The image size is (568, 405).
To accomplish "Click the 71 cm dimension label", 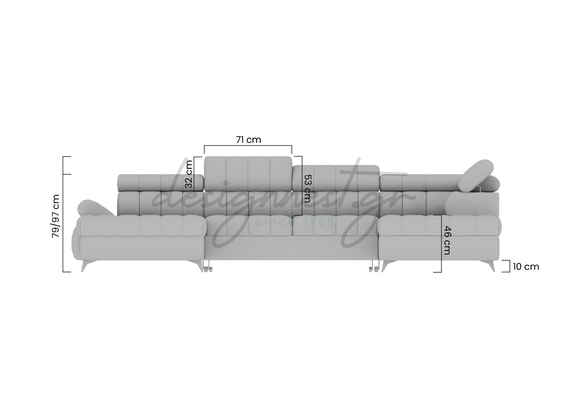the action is (x=248, y=139).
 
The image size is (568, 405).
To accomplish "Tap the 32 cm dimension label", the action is (x=189, y=174).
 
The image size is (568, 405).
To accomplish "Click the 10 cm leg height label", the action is (x=526, y=267).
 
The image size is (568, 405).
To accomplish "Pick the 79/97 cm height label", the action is (x=55, y=216).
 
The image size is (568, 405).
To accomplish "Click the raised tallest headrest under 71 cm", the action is (x=248, y=174).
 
